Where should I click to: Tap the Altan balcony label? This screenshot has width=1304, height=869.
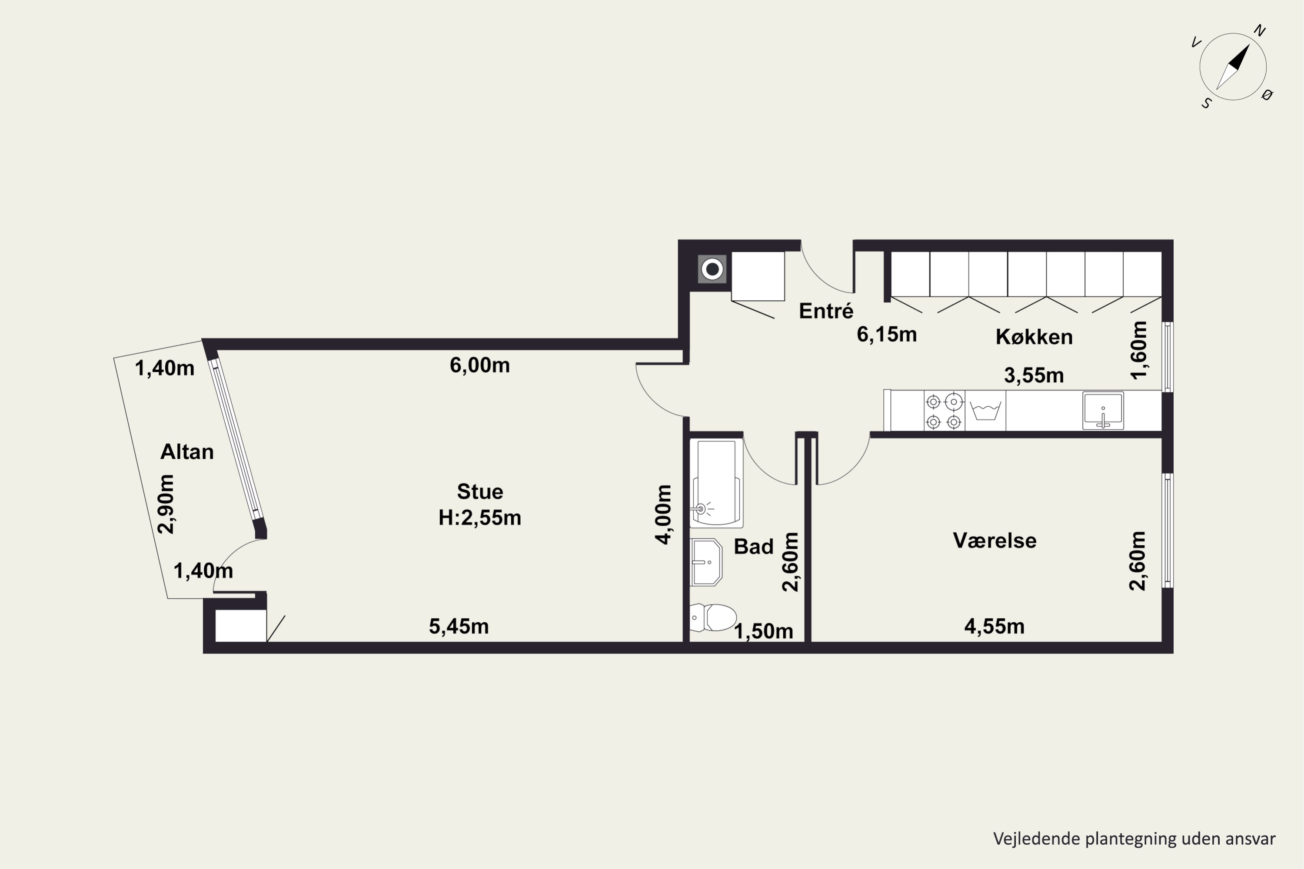[x=187, y=452]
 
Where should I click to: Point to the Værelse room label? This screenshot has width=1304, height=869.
[x=995, y=541]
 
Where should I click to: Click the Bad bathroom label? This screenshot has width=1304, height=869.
[x=753, y=547]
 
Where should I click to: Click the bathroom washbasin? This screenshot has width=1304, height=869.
[x=706, y=562]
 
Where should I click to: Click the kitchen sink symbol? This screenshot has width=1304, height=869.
[x=1103, y=411]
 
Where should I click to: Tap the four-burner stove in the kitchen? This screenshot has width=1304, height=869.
[x=944, y=411]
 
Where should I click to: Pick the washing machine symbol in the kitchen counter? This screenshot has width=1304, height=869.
[x=985, y=411]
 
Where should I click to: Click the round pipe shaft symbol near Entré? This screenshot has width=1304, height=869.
[x=712, y=270]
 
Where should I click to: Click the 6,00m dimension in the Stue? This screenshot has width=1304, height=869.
[x=479, y=365]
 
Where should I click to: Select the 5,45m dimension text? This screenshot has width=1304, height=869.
[x=459, y=626]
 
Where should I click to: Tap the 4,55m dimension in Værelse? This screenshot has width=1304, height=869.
[x=995, y=626]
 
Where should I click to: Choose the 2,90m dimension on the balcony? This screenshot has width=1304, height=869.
[x=166, y=504]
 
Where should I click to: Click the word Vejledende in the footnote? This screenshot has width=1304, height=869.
[x=1037, y=839]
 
